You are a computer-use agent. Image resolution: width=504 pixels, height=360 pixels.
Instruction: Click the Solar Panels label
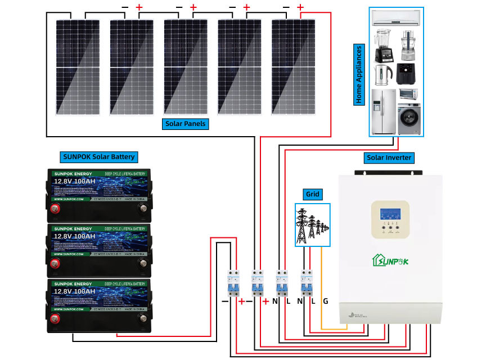(x=186, y=123)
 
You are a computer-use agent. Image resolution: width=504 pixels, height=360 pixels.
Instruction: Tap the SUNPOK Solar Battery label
(x=98, y=156)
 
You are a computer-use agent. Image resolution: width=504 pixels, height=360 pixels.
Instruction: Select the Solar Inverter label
(x=389, y=157)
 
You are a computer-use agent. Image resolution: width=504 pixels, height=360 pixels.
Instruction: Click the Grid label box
(x=313, y=195)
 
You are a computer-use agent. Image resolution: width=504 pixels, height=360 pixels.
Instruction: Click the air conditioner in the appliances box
(x=397, y=19)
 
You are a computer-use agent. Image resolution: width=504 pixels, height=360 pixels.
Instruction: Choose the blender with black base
(x=384, y=46)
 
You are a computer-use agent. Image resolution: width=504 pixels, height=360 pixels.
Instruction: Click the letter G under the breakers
(x=325, y=302)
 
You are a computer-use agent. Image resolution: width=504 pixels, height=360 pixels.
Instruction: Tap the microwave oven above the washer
(x=409, y=93)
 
